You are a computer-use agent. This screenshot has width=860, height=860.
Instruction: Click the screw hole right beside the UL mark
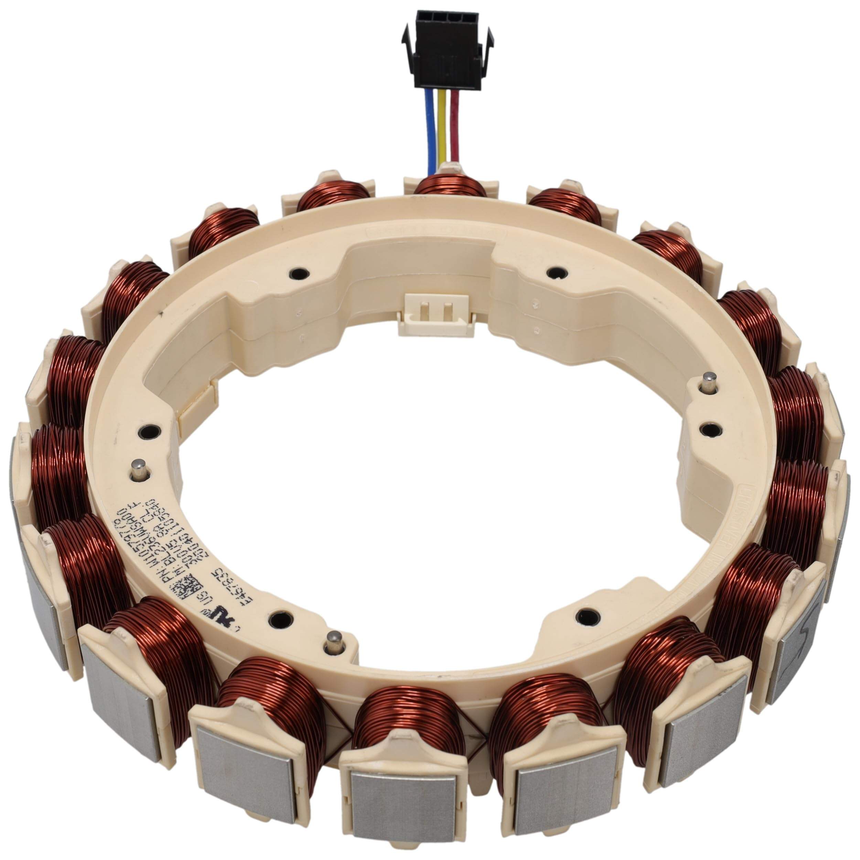coord(280,619)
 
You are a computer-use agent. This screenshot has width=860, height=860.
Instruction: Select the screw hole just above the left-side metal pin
coord(147,431)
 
